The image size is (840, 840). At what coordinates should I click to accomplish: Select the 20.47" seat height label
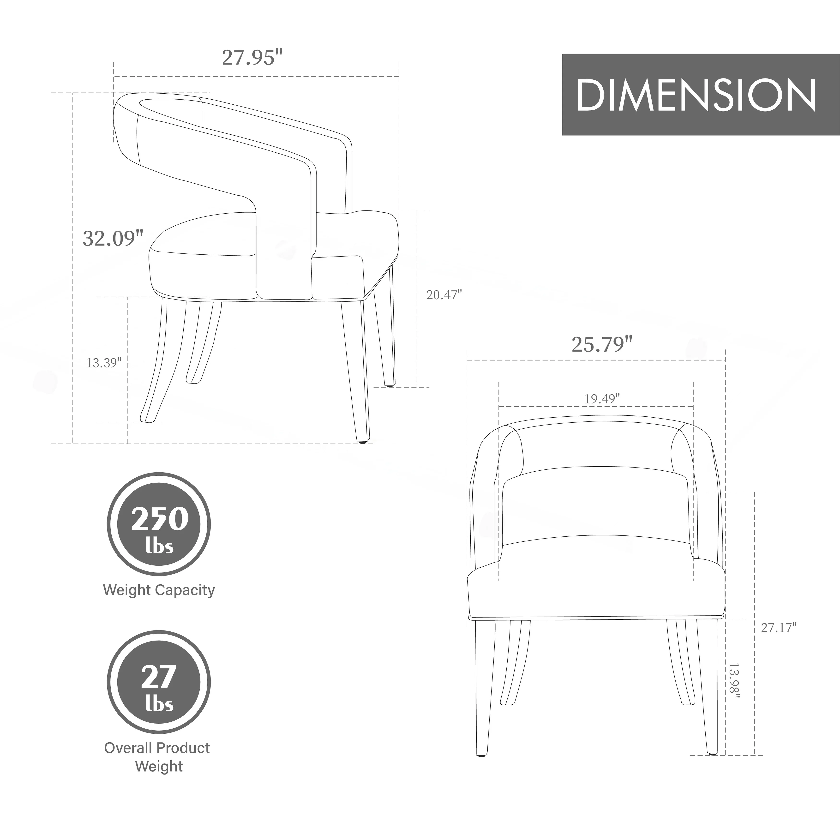click(x=444, y=295)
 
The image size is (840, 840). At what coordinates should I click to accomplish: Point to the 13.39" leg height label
click(x=103, y=363)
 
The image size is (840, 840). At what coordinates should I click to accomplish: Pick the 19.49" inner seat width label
click(x=602, y=398)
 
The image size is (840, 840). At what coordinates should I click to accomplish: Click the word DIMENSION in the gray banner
click(x=696, y=95)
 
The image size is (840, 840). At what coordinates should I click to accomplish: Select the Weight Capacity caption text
click(x=159, y=590)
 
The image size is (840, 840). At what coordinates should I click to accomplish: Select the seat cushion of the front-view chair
click(x=597, y=591)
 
